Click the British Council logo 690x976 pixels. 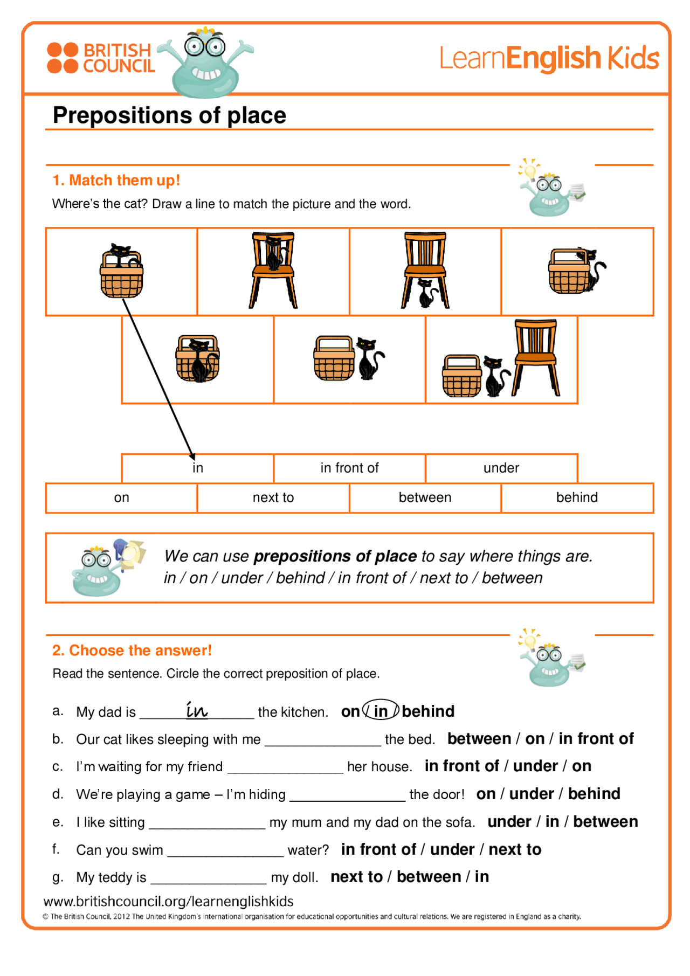coord(101,58)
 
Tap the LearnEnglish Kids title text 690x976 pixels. coord(549,58)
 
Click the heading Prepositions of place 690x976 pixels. coord(169,115)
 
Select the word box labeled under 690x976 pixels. coord(501,468)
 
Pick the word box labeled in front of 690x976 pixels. coord(349,468)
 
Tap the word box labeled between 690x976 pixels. coord(425,497)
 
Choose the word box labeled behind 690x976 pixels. coord(577,497)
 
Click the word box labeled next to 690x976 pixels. coord(273,497)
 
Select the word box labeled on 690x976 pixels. coord(121,497)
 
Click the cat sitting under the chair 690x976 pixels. coord(427,294)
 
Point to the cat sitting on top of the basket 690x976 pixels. coord(120,253)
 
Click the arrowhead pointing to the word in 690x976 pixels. coord(191,456)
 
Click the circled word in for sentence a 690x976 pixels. coord(381,711)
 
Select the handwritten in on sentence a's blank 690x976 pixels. coord(197,710)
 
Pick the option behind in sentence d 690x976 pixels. coord(594,794)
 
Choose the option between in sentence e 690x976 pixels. coord(605,821)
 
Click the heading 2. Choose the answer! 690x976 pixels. coord(132,650)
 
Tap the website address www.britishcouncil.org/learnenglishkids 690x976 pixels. coord(168,901)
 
